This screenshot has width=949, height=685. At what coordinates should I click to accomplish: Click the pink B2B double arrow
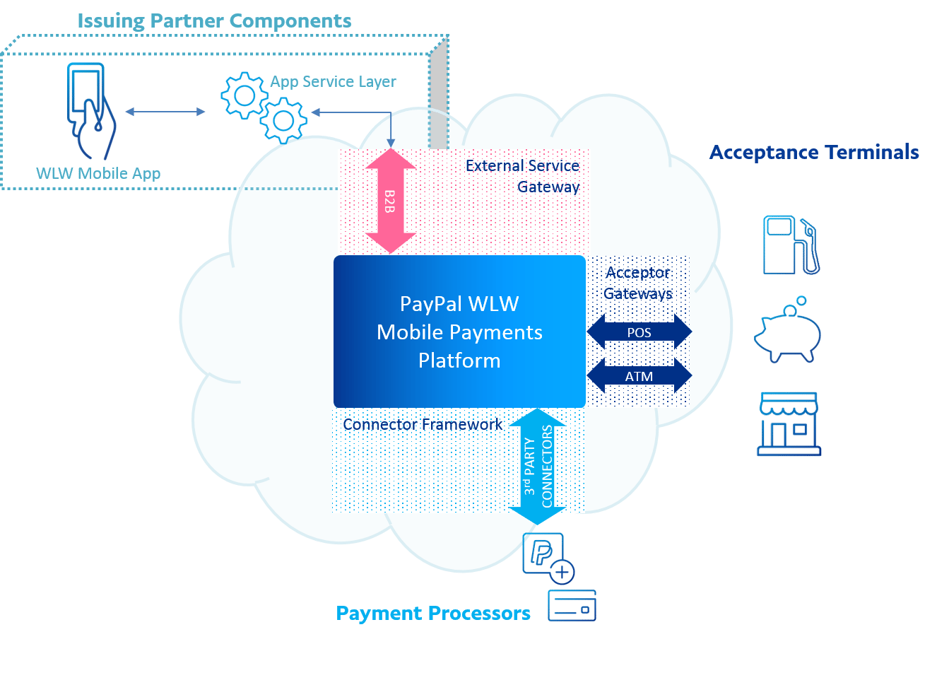coord(390,201)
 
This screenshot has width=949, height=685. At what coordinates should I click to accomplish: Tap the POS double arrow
coord(639,332)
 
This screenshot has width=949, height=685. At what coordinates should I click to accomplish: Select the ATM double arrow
coord(639,376)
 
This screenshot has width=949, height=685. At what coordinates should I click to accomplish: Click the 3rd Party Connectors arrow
coord(537,467)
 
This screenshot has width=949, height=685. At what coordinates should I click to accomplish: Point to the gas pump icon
coord(791,245)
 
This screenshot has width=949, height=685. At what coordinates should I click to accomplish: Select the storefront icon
coord(789,423)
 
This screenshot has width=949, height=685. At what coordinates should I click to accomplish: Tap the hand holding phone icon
coord(90,111)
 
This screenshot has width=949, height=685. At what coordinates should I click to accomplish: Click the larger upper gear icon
coord(244,95)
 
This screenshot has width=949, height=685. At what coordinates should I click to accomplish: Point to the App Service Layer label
coord(333,82)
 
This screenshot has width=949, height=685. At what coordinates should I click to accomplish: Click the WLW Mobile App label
coord(98,173)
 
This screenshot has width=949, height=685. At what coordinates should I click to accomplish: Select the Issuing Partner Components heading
coord(214,21)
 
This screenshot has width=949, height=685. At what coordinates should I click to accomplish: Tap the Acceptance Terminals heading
coord(814,153)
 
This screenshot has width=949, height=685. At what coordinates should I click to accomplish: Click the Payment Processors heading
coord(433,613)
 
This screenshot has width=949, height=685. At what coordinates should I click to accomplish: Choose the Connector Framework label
coord(423,424)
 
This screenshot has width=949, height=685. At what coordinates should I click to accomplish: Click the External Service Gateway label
coord(523,176)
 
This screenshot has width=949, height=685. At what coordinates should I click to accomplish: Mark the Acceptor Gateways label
coord(638,283)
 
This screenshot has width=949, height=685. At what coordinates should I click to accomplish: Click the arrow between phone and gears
coord(165,112)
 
